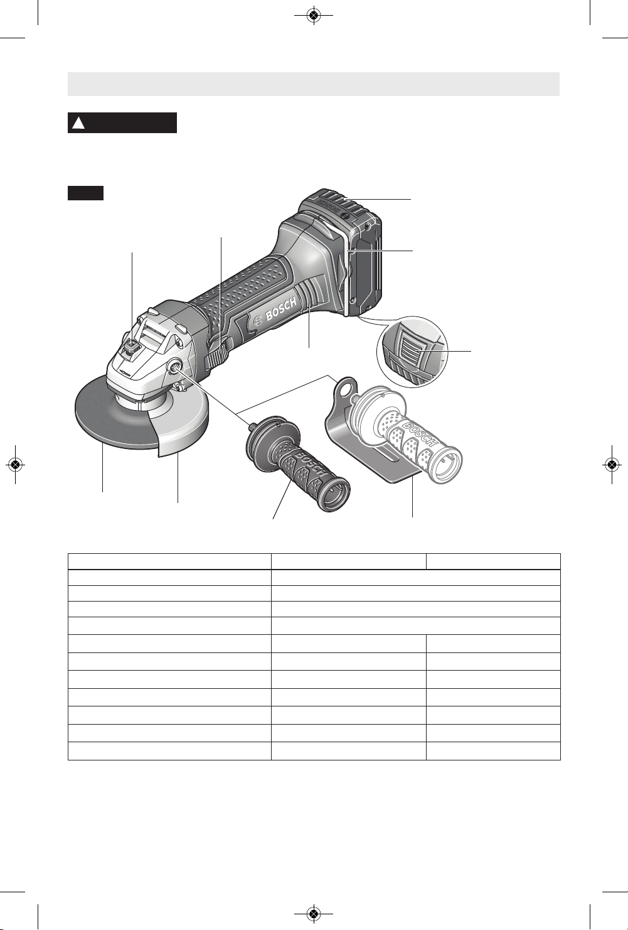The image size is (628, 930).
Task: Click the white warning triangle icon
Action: point(78,123)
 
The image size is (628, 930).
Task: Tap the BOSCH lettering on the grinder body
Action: point(282,309)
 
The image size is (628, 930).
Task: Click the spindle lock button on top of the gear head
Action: point(132,346)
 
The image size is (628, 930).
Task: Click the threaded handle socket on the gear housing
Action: point(174,366)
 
